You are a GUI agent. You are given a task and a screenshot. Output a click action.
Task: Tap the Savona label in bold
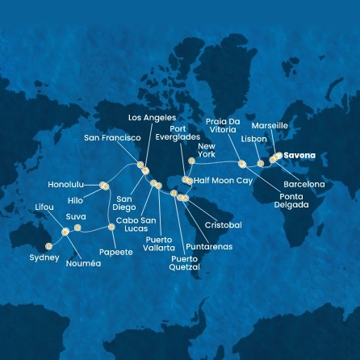[x=300, y=156]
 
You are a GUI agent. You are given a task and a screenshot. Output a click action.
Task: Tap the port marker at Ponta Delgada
[x=241, y=164]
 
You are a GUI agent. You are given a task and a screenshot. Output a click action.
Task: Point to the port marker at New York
[x=191, y=161]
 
